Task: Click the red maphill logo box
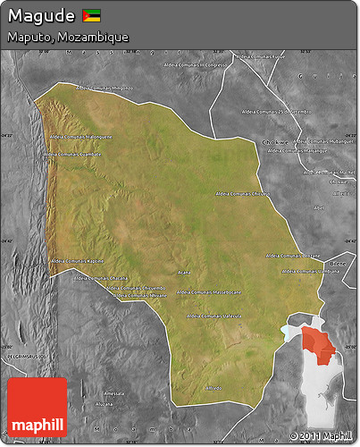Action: point(37,407)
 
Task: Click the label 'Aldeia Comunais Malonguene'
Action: point(81,137)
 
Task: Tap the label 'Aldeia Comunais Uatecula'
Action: point(215,316)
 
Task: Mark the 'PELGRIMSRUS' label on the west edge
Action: point(21,355)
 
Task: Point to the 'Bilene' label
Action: point(337,264)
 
